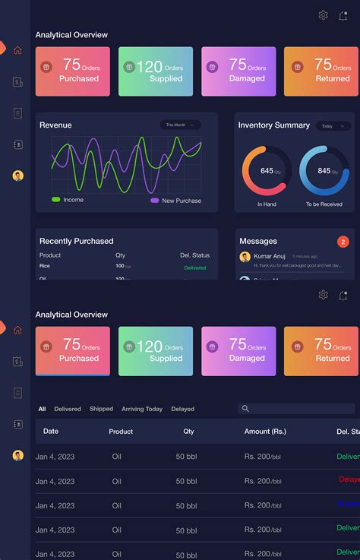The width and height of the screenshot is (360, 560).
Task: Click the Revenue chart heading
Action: pos(55,125)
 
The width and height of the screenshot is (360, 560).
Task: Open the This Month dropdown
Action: pos(180,125)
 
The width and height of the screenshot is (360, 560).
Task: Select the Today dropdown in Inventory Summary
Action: pos(332,126)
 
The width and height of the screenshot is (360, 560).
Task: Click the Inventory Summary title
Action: pos(273,125)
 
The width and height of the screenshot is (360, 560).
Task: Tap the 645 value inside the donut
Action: pos(267,171)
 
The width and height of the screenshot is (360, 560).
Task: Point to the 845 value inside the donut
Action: pos(324,171)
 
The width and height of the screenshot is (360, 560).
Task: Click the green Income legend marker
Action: pos(56,200)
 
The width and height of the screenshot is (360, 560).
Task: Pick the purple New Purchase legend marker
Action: pos(155,201)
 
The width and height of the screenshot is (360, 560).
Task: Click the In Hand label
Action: pos(267,204)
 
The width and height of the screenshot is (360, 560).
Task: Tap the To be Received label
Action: pos(324,204)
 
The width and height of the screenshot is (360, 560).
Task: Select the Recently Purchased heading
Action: pos(76,241)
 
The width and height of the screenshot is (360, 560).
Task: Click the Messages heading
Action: pos(258,242)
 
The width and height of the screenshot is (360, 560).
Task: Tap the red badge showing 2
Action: pos(343,242)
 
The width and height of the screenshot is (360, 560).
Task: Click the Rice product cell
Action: pos(45,267)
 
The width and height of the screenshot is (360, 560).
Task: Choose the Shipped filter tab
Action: pos(101,409)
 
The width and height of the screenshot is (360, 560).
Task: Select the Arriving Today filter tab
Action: pos(142,409)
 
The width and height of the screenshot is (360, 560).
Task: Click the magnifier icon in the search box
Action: pos(245,409)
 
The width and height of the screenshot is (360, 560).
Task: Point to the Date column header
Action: pos(51,432)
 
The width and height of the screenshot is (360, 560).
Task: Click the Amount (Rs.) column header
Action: pos(265,432)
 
